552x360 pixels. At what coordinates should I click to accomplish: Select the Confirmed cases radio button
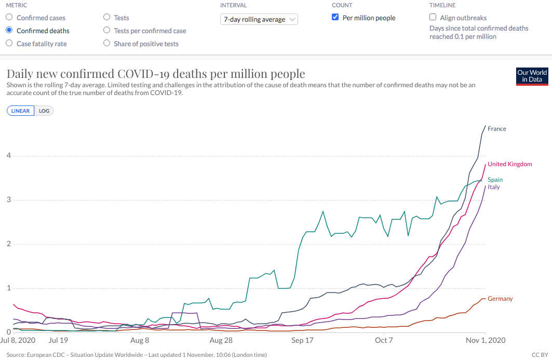(9, 18)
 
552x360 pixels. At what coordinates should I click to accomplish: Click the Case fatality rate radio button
(9, 44)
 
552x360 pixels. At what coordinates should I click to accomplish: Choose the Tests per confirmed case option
(107, 31)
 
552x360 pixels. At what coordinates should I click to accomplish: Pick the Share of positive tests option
(107, 44)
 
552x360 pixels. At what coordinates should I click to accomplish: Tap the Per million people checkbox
(335, 18)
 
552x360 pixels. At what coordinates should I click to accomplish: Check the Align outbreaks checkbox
(433, 18)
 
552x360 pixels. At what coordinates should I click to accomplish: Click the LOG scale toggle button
(44, 111)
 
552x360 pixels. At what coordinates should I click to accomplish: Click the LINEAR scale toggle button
(21, 111)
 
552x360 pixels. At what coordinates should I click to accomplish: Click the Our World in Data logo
(532, 76)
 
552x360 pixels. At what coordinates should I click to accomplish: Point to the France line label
(496, 129)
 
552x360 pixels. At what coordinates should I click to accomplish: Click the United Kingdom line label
(509, 164)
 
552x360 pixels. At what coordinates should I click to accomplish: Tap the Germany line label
(500, 299)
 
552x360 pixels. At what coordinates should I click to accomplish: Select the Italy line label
(493, 187)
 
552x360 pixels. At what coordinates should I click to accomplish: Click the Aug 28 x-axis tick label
(221, 341)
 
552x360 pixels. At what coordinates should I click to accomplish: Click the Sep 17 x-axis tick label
(302, 341)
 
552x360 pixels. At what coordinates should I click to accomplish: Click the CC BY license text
(540, 355)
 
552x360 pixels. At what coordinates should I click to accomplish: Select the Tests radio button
(107, 18)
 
